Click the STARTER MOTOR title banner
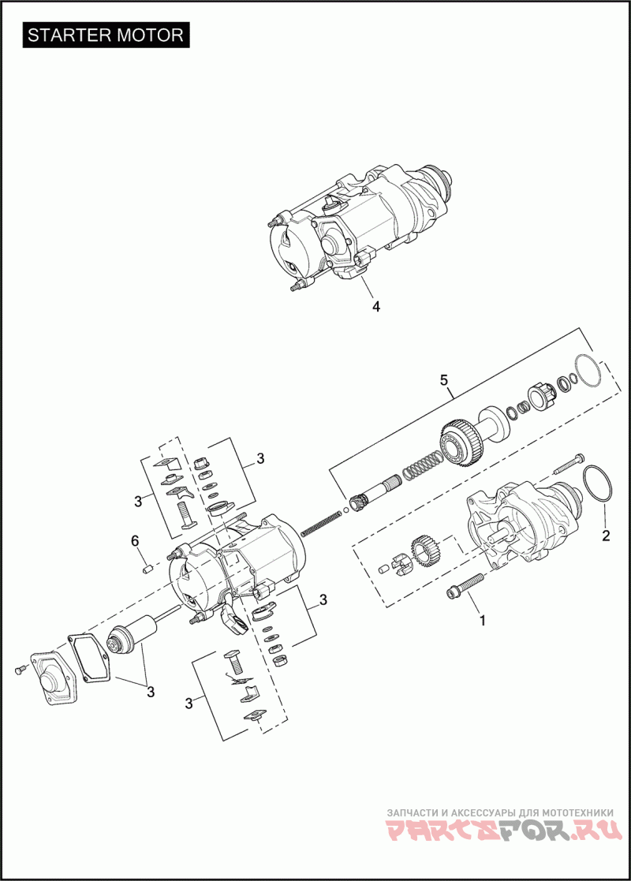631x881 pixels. point(106,35)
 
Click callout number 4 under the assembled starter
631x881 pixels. point(376,306)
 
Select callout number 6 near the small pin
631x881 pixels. point(135,540)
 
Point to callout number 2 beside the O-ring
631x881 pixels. point(606,536)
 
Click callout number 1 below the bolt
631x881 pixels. point(483,620)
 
